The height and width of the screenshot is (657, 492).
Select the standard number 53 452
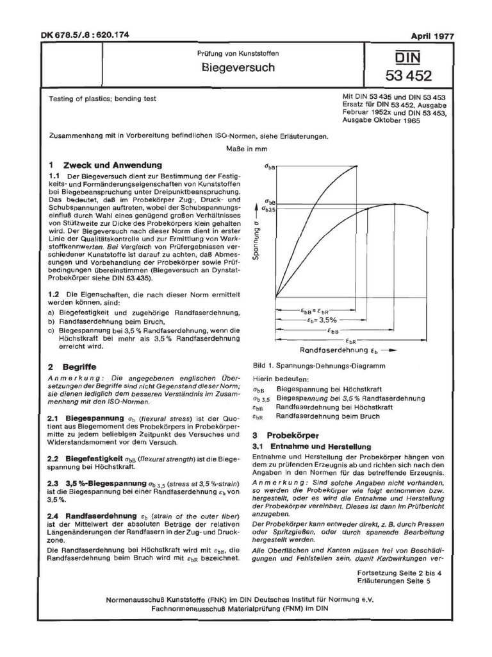click(408, 77)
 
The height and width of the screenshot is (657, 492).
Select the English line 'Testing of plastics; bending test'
click(102, 99)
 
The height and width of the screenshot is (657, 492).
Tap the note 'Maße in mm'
click(245, 148)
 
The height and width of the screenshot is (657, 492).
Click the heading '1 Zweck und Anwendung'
click(101, 165)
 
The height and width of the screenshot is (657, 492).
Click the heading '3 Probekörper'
click(282, 435)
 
